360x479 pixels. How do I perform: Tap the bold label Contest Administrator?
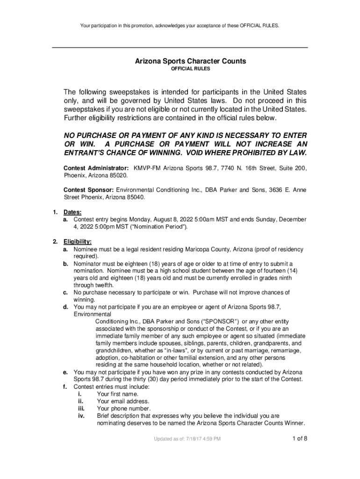coord(96,167)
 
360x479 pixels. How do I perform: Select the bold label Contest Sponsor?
coord(88,190)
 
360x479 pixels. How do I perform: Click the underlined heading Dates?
coord(72,212)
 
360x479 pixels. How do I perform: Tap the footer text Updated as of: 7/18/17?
coord(187,439)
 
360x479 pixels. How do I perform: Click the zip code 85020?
coord(118,175)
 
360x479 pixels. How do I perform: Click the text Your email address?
coord(123,401)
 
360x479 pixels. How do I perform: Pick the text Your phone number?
coord(123,408)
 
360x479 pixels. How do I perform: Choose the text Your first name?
coord(117,394)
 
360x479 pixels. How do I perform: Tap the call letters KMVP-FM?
coord(148,167)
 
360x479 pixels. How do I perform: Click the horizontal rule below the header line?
coord(180,48)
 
